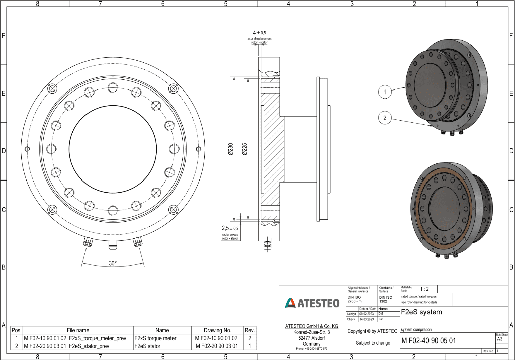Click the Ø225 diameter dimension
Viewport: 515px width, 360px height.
click(x=244, y=149)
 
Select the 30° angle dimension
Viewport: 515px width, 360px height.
click(x=112, y=263)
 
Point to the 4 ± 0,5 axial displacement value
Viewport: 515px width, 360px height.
click(x=260, y=33)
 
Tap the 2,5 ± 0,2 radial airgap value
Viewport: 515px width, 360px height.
click(x=231, y=228)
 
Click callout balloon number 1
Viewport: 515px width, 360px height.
click(x=385, y=92)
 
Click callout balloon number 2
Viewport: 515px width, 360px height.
click(x=385, y=118)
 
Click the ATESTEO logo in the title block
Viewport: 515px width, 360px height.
click(x=312, y=303)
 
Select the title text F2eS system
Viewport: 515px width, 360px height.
click(x=421, y=312)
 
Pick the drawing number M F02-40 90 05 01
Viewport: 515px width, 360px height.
click(x=428, y=341)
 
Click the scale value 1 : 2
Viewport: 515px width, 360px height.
click(x=424, y=289)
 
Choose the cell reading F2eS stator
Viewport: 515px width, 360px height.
click(x=147, y=346)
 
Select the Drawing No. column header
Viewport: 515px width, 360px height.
click(x=217, y=330)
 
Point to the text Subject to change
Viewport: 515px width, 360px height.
click(x=373, y=343)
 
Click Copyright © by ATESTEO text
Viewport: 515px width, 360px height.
click(x=373, y=331)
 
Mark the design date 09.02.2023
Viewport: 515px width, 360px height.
click(x=367, y=314)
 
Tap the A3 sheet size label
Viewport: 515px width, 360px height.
click(x=499, y=339)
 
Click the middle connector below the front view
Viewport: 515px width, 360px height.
click(x=112, y=244)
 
